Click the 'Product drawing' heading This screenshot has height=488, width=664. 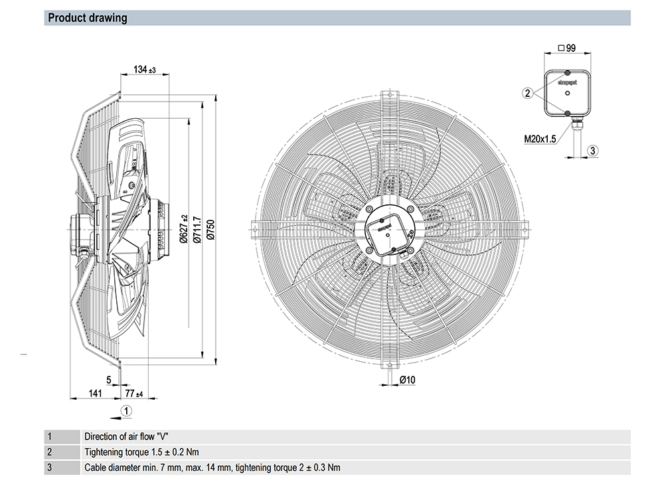(x=88, y=18)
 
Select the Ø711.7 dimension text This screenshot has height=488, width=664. (x=197, y=226)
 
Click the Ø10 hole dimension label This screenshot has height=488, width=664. (x=407, y=379)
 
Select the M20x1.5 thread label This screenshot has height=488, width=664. (x=539, y=139)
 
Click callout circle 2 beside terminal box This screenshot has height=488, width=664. (x=527, y=94)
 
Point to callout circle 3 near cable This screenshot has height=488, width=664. (x=594, y=150)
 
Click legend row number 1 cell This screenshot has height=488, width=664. (x=49, y=437)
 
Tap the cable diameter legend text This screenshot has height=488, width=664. (x=212, y=467)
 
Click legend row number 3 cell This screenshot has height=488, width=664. (x=49, y=467)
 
